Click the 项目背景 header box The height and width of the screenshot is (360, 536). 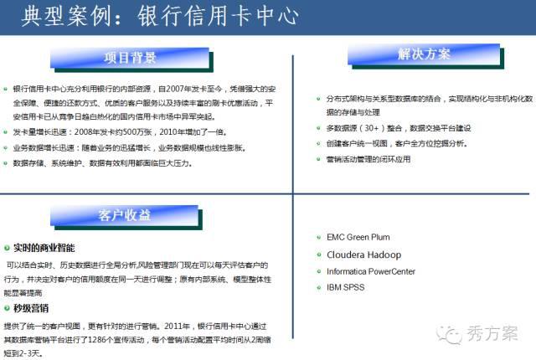130,58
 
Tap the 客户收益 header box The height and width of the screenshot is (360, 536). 125,216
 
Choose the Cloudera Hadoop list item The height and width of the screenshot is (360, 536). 363,255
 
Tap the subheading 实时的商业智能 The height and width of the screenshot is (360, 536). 44,248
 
